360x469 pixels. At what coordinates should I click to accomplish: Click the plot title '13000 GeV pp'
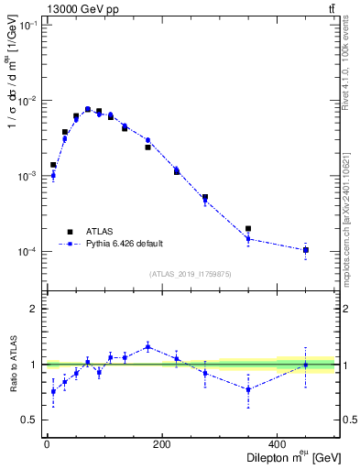(74, 9)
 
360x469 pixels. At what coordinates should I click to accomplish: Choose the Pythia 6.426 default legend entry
(124, 244)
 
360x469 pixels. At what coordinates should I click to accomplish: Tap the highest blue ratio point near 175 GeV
(147, 346)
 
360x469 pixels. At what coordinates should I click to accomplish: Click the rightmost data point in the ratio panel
(306, 365)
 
